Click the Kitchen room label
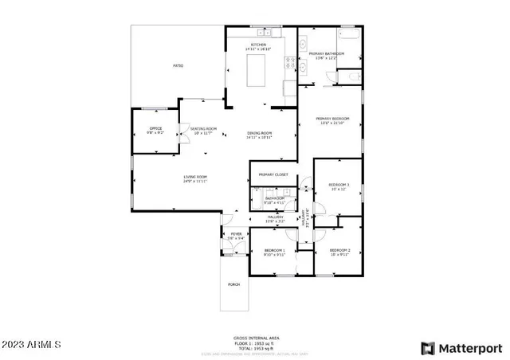coord(259,45)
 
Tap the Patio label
coord(179,65)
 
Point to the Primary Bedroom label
coord(332,118)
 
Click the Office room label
coord(156,127)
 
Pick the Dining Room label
coord(260,132)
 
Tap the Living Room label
coord(195,176)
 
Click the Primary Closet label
coord(273,174)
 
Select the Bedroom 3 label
coord(340,185)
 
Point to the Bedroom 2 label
coord(340,250)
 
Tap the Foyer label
coord(236,234)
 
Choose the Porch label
coord(234,284)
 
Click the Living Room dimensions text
coord(195,182)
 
